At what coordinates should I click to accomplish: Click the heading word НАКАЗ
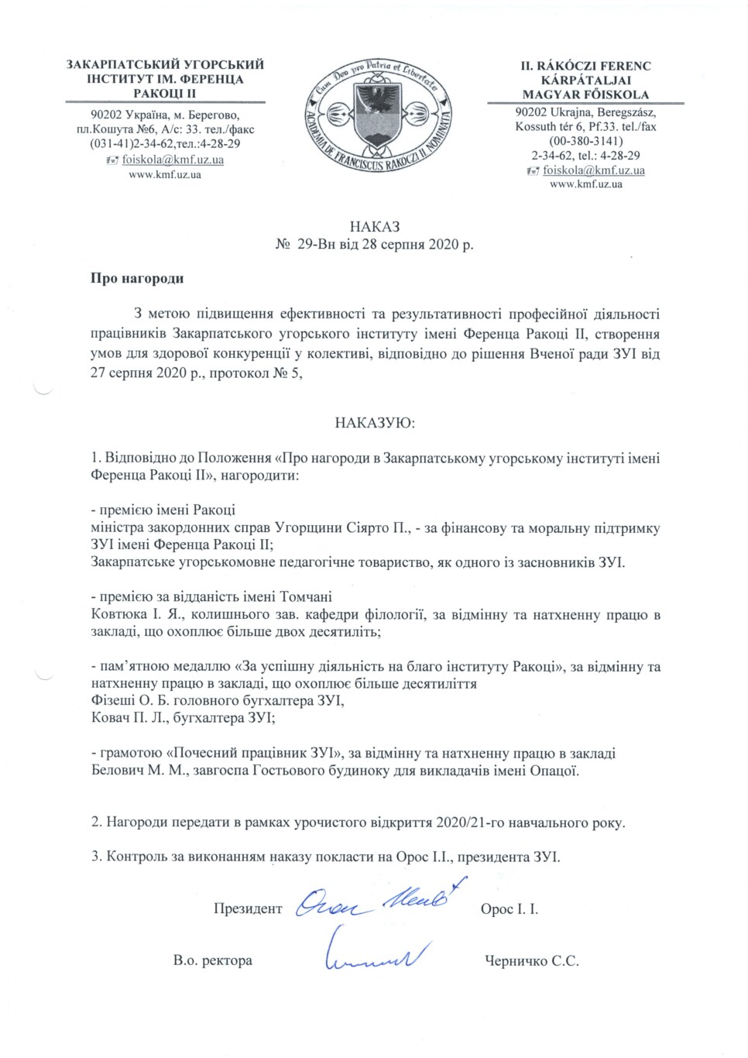(x=374, y=227)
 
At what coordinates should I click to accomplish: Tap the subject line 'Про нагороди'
(x=137, y=279)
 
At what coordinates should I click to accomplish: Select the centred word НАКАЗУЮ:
(x=374, y=423)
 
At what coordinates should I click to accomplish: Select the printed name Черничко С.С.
(x=531, y=960)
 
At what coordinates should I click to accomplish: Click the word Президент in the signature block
(x=248, y=909)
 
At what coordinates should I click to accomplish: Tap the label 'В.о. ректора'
(x=213, y=960)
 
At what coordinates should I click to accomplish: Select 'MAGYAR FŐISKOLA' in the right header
(x=585, y=94)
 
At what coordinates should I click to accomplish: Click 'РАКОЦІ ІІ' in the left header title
(x=165, y=93)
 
